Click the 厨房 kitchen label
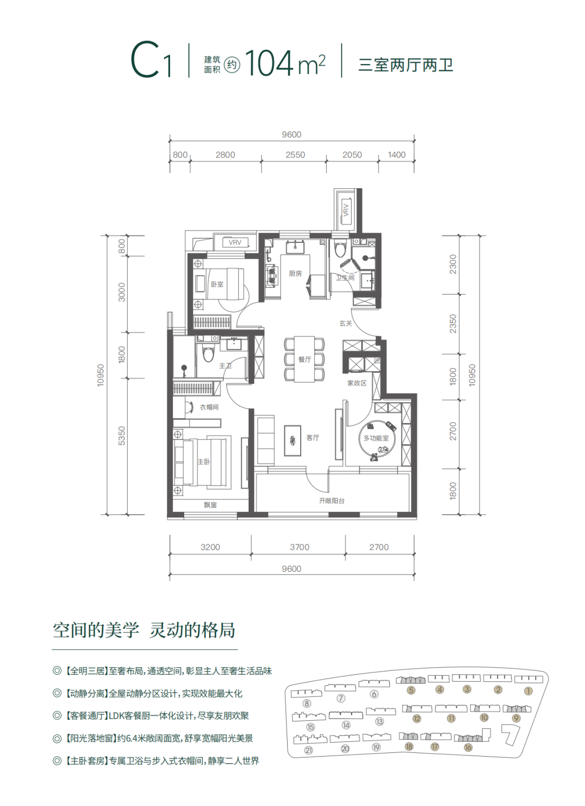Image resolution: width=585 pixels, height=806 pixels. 295,273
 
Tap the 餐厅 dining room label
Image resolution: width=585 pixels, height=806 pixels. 304,359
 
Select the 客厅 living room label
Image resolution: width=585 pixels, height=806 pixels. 313,438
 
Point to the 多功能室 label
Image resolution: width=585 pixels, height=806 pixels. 376,438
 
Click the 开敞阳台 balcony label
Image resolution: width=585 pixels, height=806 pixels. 331,501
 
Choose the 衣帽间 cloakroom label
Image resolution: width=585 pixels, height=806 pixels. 209,407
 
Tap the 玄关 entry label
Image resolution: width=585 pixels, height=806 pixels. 346,323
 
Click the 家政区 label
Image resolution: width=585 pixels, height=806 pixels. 357,383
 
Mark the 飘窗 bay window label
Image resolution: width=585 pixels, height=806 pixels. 210,505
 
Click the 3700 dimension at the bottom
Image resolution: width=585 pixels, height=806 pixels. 300,547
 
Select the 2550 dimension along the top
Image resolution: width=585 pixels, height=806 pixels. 295,155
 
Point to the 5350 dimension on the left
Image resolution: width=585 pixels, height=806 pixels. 122,436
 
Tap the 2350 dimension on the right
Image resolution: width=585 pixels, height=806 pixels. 453,323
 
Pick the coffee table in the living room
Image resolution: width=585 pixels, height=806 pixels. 292,441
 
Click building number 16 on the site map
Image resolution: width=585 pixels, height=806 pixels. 468,748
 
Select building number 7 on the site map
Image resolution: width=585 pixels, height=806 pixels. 341,699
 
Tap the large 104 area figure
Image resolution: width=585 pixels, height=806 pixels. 269,63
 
